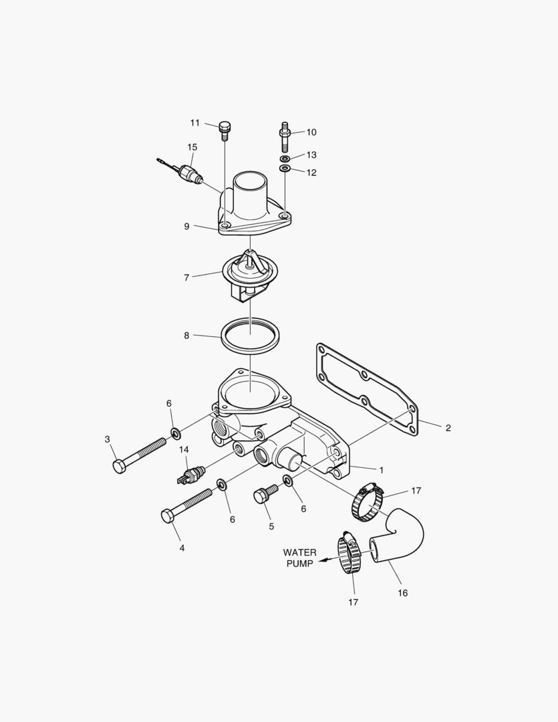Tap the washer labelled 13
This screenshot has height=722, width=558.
[285, 158]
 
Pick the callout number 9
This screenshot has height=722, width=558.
[187, 226]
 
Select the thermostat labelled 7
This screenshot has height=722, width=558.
[248, 273]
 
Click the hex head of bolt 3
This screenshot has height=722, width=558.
[120, 466]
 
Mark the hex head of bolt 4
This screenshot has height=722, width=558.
[167, 516]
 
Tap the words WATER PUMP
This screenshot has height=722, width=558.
[299, 558]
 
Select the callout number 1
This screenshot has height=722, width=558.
[382, 470]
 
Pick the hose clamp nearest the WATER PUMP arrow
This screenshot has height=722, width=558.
[350, 554]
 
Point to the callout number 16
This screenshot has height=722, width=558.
[402, 592]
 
